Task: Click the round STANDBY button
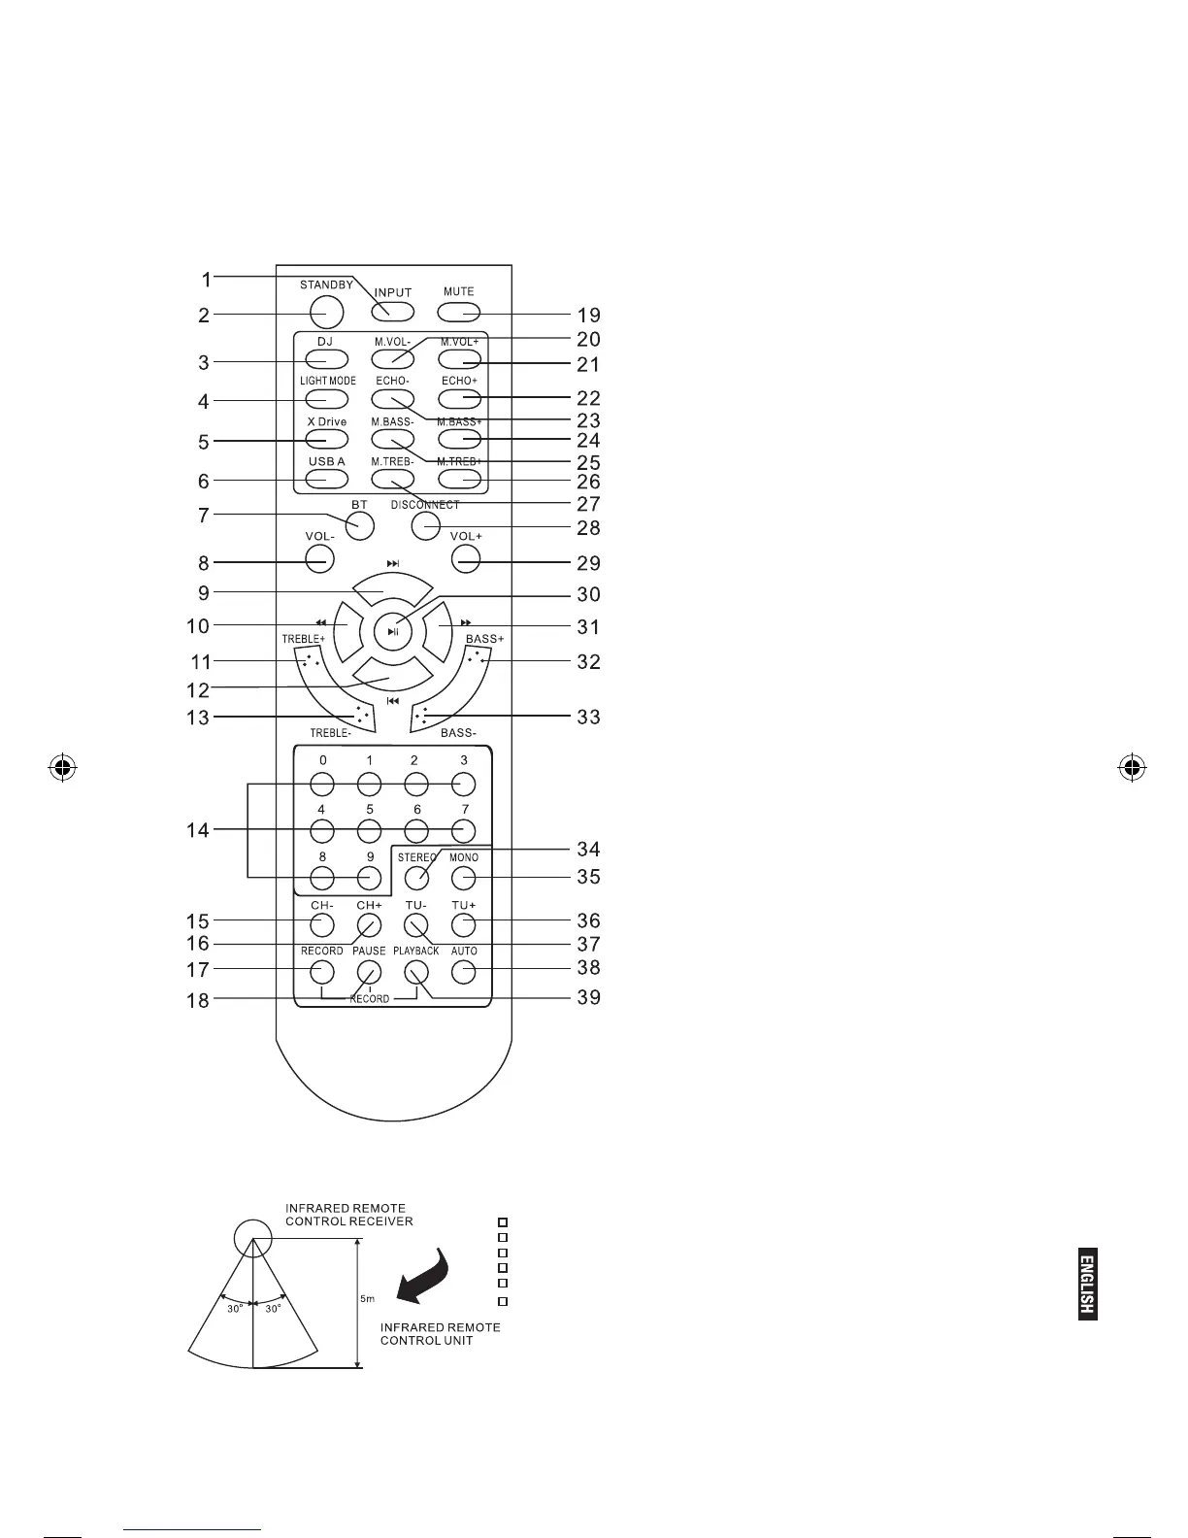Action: point(328,311)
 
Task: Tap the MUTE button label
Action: point(459,291)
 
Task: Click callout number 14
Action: point(198,831)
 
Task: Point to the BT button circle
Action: point(360,526)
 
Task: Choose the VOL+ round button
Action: point(466,558)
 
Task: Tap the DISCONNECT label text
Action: point(425,505)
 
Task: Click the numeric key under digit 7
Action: point(464,830)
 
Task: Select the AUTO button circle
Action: point(464,971)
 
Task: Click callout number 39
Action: point(588,997)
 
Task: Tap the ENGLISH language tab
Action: point(1087,1283)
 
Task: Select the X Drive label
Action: point(326,421)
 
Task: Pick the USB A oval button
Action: point(327,479)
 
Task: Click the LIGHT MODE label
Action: point(327,381)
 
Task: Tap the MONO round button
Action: point(464,879)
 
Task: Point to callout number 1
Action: point(206,280)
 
